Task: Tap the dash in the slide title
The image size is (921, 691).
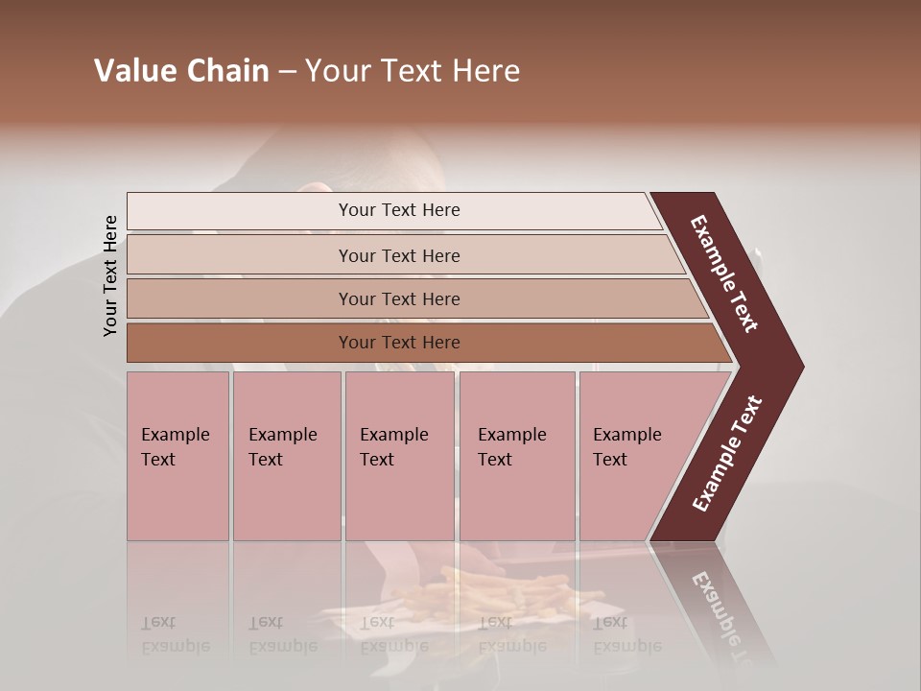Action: click(287, 72)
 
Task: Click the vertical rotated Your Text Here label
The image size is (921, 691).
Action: click(110, 275)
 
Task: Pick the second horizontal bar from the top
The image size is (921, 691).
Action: click(398, 255)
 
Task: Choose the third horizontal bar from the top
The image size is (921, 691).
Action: click(398, 299)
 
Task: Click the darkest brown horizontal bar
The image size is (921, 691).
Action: click(398, 343)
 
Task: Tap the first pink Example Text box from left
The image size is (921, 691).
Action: click(177, 456)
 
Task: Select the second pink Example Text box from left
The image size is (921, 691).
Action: click(286, 456)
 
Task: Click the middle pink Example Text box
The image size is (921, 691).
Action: click(399, 456)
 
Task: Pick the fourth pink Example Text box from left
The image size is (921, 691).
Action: click(516, 456)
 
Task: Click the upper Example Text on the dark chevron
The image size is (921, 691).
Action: click(724, 274)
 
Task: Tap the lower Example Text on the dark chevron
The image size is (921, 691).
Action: click(726, 454)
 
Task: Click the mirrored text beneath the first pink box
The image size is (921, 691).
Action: click(175, 634)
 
